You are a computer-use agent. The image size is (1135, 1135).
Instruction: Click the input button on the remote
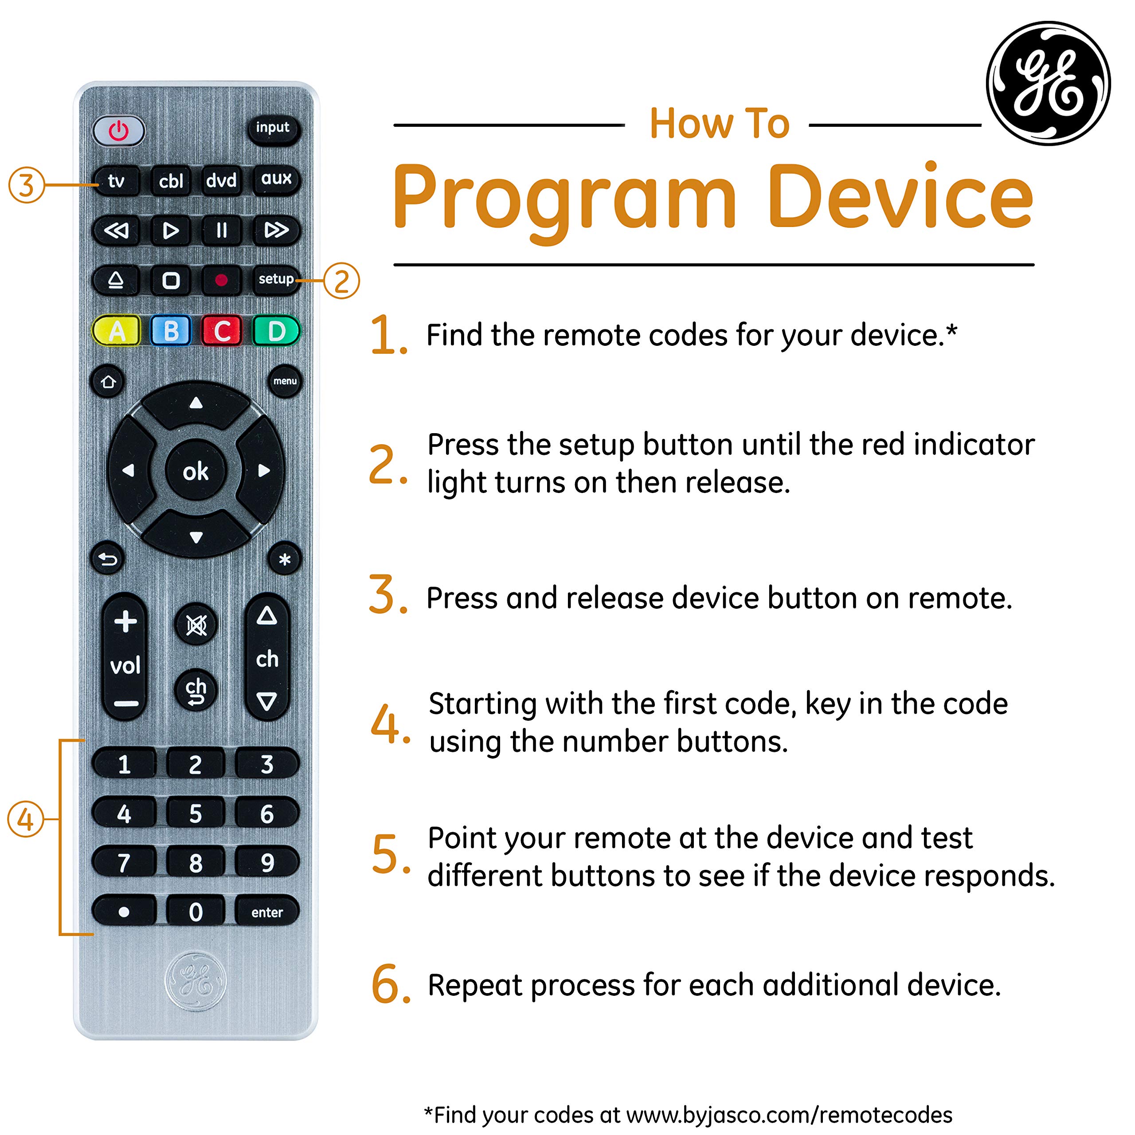pos(273,128)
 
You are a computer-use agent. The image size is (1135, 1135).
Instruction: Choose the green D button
pos(276,331)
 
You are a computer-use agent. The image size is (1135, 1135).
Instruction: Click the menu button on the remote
pos(285,381)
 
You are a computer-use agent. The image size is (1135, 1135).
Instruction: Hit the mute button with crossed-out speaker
pos(196,625)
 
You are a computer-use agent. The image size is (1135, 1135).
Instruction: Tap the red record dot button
pos(221,280)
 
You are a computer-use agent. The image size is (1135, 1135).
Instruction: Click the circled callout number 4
pos(25,819)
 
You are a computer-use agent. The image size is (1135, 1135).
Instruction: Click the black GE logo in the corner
pos(1048,83)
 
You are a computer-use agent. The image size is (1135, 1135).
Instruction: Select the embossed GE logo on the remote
pos(196,981)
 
